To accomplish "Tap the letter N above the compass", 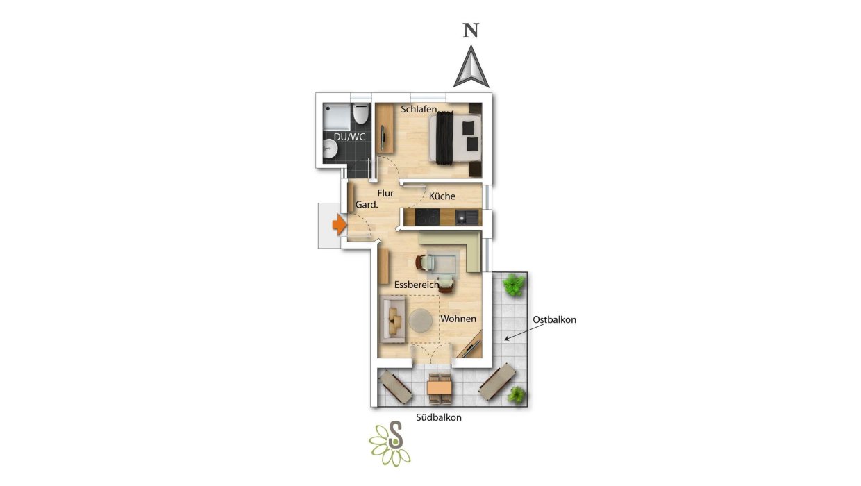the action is pyautogui.click(x=471, y=31).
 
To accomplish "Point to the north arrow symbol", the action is pyautogui.click(x=471, y=67).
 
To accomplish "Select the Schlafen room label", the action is pyautogui.click(x=419, y=109).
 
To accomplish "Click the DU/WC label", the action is pyautogui.click(x=349, y=137).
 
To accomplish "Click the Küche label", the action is pyautogui.click(x=442, y=196).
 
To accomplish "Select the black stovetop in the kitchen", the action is pyautogui.click(x=428, y=217).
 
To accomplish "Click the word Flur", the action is pyautogui.click(x=385, y=193).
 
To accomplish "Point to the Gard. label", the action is pyautogui.click(x=367, y=205).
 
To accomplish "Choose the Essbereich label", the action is pyautogui.click(x=417, y=285).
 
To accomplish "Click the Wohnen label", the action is pyautogui.click(x=458, y=319).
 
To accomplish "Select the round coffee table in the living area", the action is pyautogui.click(x=421, y=321).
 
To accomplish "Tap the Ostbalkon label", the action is pyautogui.click(x=554, y=319).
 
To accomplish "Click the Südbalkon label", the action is pyautogui.click(x=439, y=418).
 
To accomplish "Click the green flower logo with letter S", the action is pyautogui.click(x=390, y=444).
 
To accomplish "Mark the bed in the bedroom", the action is pyautogui.click(x=455, y=138).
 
